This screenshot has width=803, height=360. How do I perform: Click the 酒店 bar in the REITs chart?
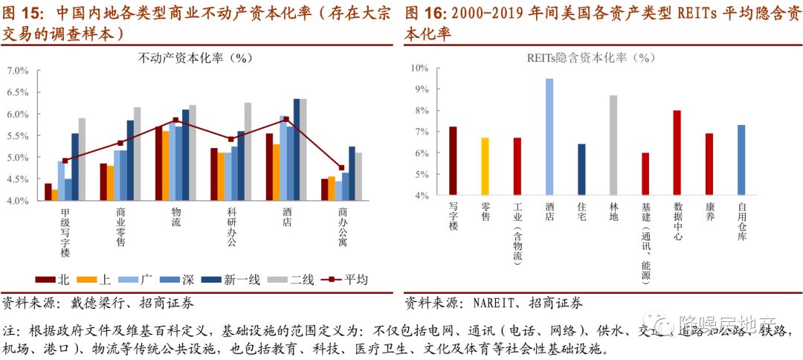pyautogui.click(x=549, y=137)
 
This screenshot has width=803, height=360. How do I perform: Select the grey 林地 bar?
pyautogui.click(x=613, y=145)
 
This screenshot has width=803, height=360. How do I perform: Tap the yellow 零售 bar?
pyautogui.click(x=485, y=167)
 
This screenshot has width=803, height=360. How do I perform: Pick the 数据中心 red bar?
pyautogui.click(x=677, y=152)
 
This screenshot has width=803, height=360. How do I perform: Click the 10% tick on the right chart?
pyautogui.click(x=420, y=68)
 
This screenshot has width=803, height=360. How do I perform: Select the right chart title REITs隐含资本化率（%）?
pyautogui.click(x=591, y=57)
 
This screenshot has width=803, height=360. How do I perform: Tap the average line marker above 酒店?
pyautogui.click(x=286, y=119)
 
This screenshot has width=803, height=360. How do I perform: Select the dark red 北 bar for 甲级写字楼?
pyautogui.click(x=48, y=192)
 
